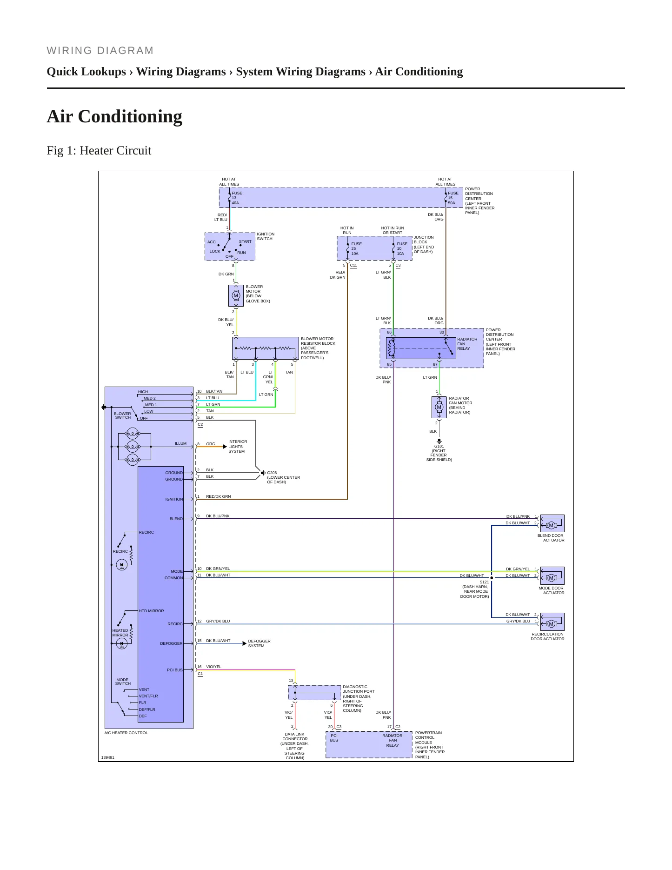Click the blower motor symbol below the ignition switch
pyautogui.click(x=236, y=295)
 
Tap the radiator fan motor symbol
pyautogui.click(x=439, y=407)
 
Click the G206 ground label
pyautogui.click(x=272, y=473)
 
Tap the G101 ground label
pyautogui.click(x=439, y=446)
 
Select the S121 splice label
pyautogui.click(x=485, y=582)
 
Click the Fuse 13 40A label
pyautogui.click(x=237, y=198)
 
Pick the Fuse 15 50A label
pyautogui.click(x=453, y=198)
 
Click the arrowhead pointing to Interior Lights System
pyautogui.click(x=225, y=447)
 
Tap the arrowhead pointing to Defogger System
pyautogui.click(x=245, y=643)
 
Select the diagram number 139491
pyautogui.click(x=108, y=757)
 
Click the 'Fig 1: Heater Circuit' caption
pyautogui.click(x=99, y=150)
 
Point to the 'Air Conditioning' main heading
pyautogui.click(x=114, y=116)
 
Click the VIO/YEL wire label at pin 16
pyautogui.click(x=214, y=667)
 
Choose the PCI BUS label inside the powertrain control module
pyautogui.click(x=334, y=738)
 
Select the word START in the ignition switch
pyautogui.click(x=245, y=241)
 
